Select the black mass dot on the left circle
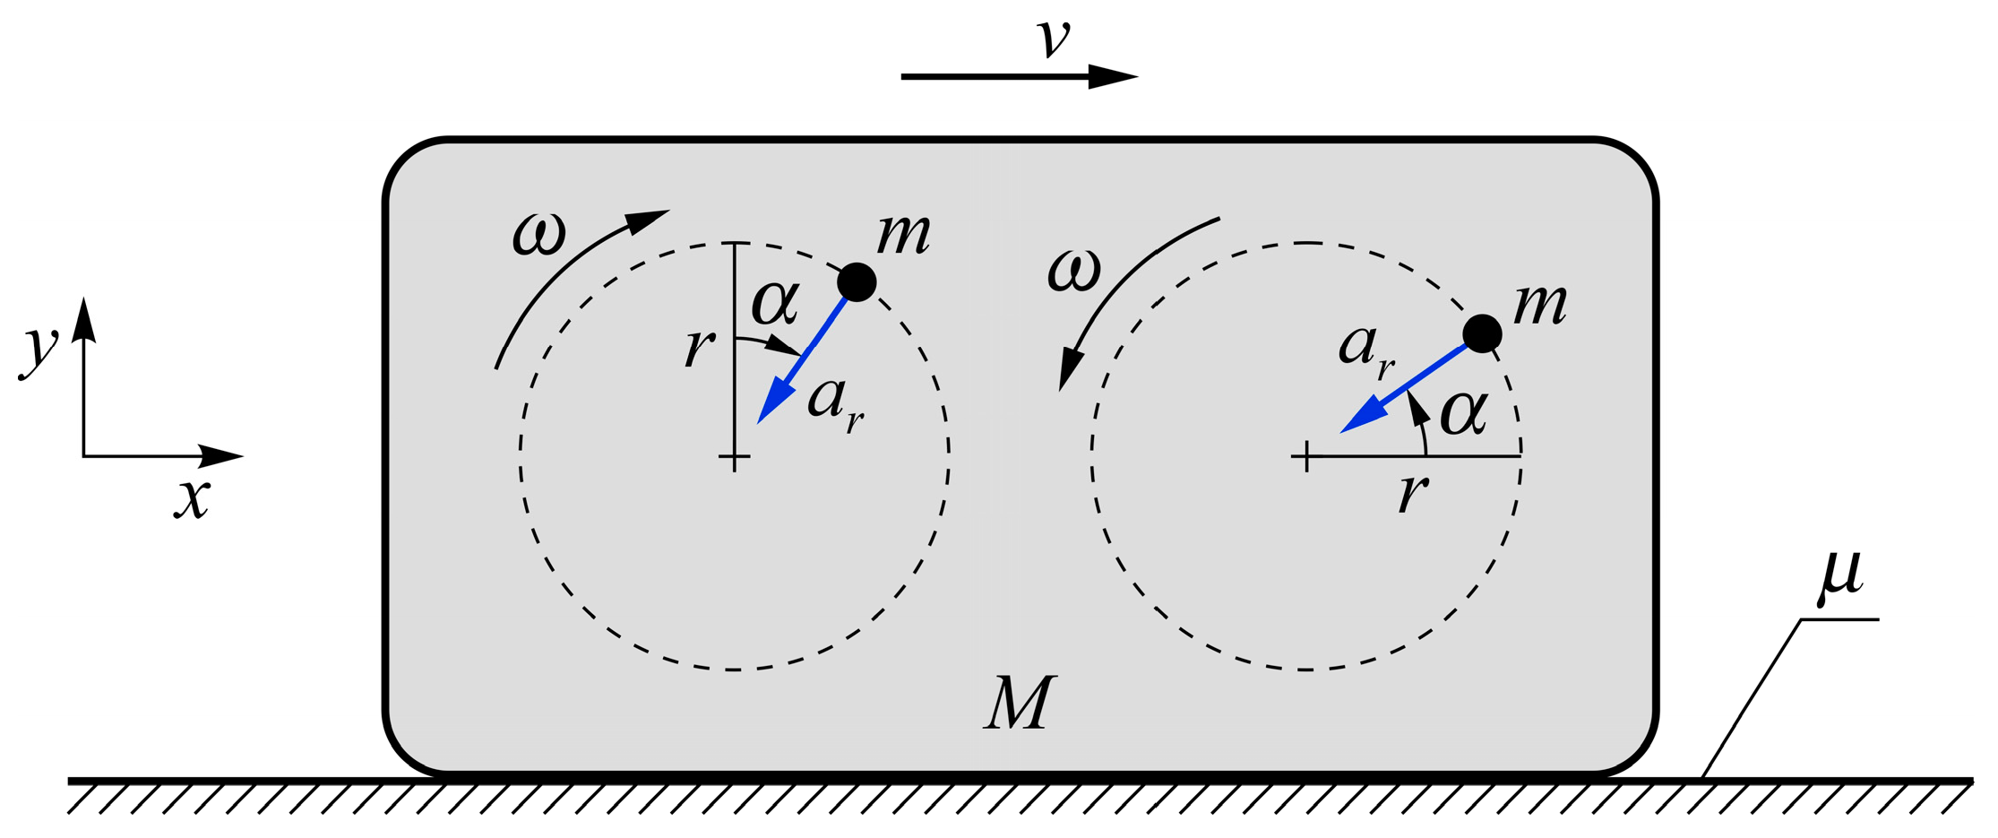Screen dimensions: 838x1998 (857, 282)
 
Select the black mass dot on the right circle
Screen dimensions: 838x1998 (1482, 333)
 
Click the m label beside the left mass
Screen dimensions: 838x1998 (903, 235)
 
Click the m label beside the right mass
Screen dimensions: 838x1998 (1540, 306)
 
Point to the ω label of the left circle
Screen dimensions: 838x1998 (539, 236)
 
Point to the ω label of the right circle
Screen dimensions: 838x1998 (1073, 272)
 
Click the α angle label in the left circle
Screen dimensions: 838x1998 (774, 303)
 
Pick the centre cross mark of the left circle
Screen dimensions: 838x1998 (735, 457)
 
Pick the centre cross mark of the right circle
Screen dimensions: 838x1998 (1307, 457)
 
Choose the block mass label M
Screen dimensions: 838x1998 (1020, 704)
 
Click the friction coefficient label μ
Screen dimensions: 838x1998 (1842, 574)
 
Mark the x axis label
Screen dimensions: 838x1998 (192, 498)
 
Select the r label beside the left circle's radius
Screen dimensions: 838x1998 (700, 348)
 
